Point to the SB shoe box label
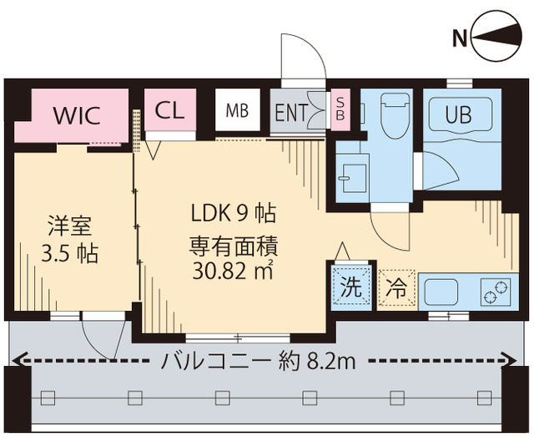(x=340, y=109)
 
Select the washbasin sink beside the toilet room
(x=349, y=176)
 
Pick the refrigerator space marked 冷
(x=395, y=289)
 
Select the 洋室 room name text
(x=69, y=225)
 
